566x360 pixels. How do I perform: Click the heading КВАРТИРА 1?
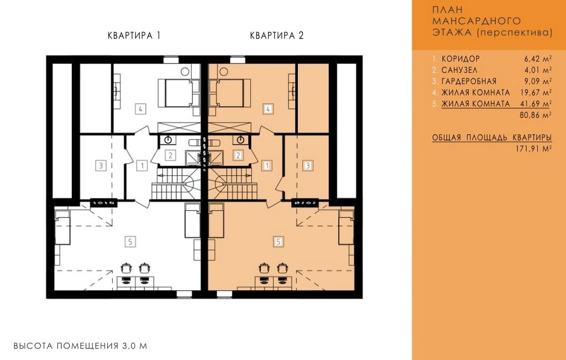coord(134,35)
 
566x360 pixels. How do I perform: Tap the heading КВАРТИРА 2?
coord(277,35)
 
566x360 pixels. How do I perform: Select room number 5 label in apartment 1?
coord(130,242)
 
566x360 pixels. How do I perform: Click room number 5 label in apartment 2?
coord(279,242)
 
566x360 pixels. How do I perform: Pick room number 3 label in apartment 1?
coord(101,166)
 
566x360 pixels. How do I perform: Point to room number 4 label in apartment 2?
coord(268,108)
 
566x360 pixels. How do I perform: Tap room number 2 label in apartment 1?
coord(170,155)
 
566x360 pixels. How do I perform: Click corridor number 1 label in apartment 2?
coord(267,166)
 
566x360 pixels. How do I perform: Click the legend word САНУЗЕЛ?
coord(459,70)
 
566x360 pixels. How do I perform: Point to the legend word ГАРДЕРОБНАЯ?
coord(469,81)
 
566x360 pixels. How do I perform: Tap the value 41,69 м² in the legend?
coord(536,103)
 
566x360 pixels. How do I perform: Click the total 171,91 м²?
coord(534,148)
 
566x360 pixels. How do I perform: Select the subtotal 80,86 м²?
coord(536,115)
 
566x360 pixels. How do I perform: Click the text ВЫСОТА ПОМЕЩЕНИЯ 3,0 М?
coord(81,346)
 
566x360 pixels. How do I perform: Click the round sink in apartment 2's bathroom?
coord(241,139)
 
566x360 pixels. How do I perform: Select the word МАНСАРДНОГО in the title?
coord(476,21)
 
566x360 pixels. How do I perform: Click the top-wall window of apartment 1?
coord(171,60)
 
